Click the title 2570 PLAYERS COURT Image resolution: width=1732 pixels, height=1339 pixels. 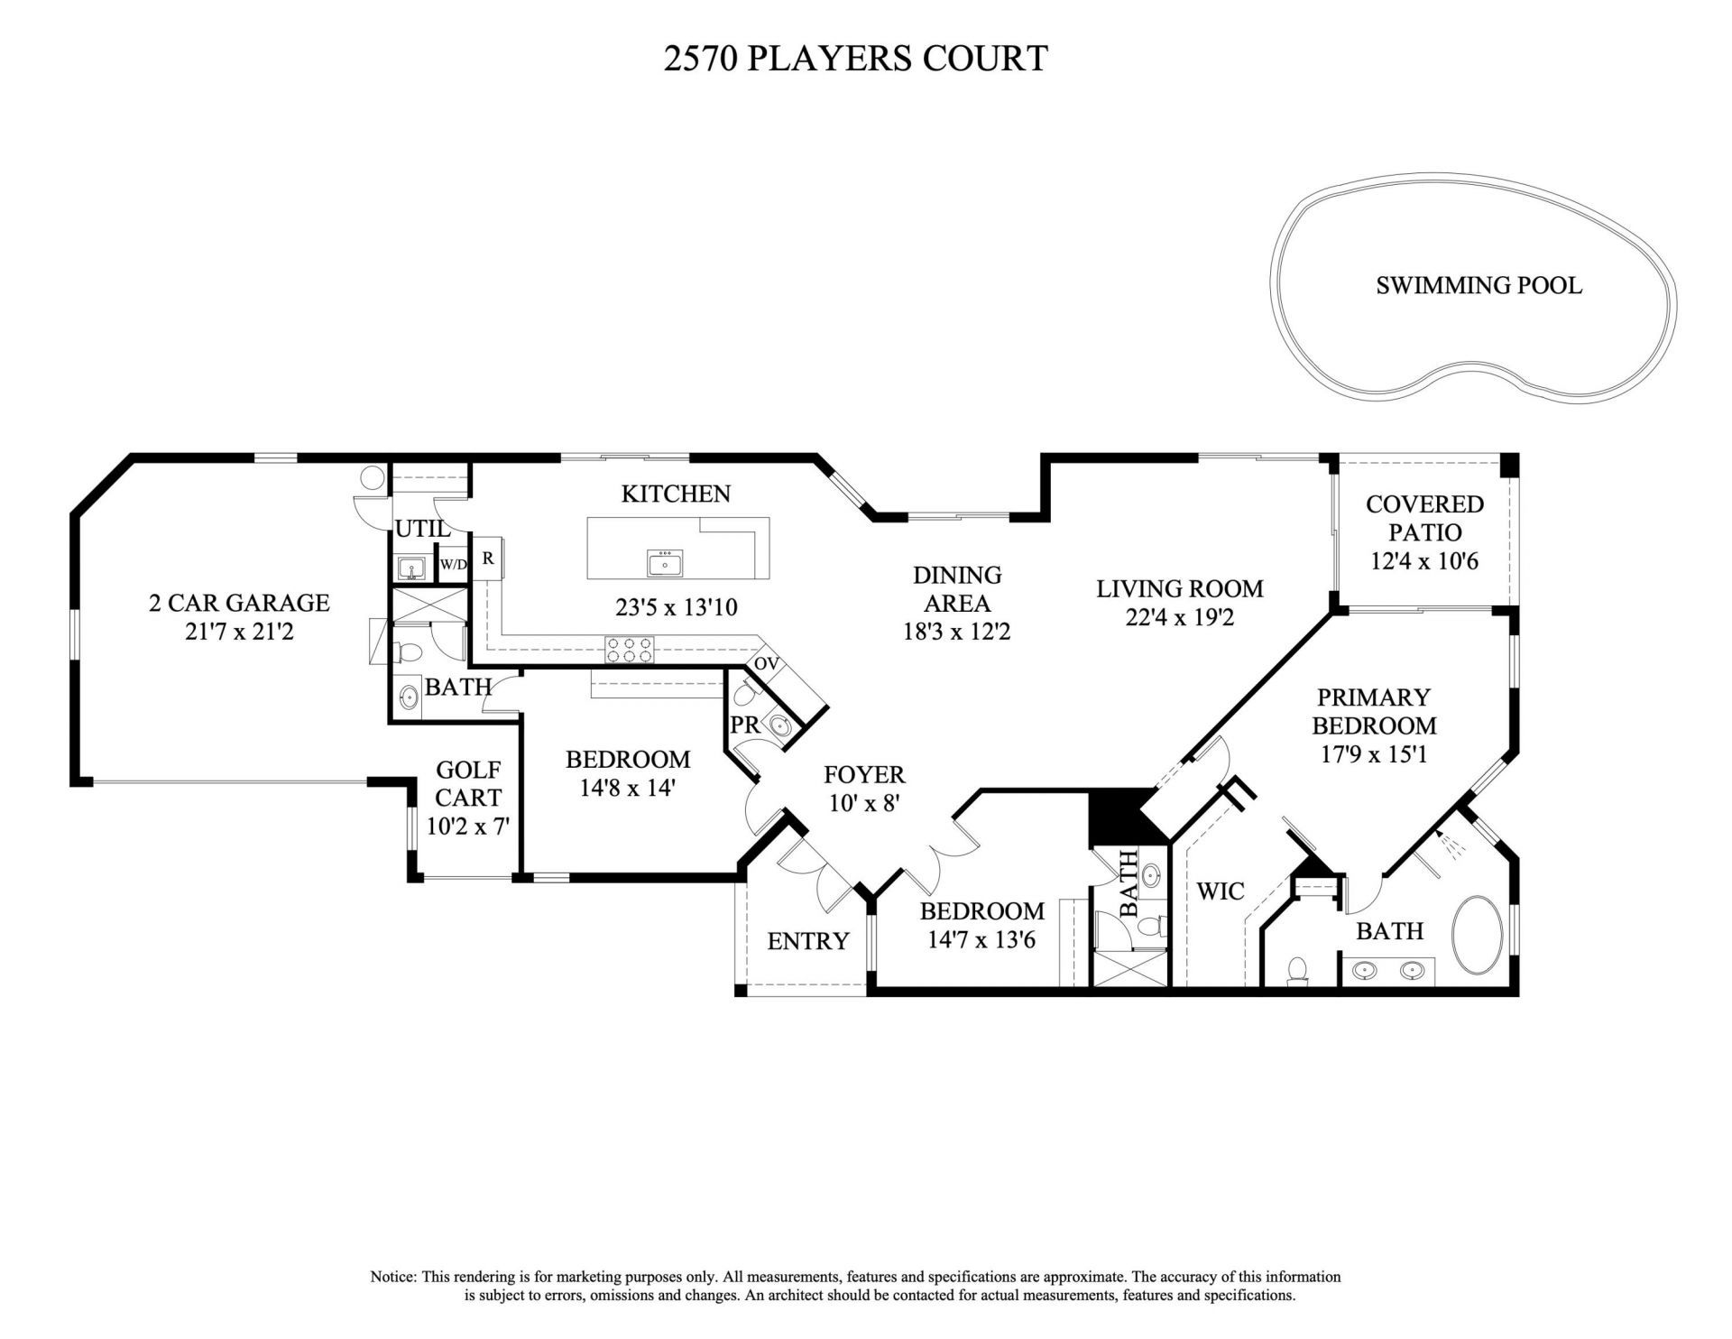pyautogui.click(x=855, y=58)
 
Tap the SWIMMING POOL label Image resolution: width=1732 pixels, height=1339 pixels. pyautogui.click(x=1479, y=286)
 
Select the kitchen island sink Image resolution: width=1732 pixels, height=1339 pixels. pyautogui.click(x=665, y=563)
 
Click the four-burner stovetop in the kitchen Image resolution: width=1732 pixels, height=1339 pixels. pyautogui.click(x=629, y=650)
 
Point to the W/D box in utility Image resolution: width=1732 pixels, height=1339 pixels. pyautogui.click(x=454, y=565)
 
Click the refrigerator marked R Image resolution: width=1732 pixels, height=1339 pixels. pyautogui.click(x=488, y=559)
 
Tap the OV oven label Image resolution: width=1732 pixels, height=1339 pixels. pyautogui.click(x=766, y=664)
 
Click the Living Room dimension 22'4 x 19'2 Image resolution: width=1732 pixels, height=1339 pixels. pyautogui.click(x=1179, y=617)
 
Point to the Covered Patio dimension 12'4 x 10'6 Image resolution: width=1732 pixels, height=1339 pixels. pyautogui.click(x=1424, y=561)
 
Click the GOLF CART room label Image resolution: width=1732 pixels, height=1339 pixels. pyautogui.click(x=468, y=783)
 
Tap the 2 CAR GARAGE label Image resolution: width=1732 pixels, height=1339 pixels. pyautogui.click(x=239, y=602)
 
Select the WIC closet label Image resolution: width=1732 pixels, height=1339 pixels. pyautogui.click(x=1220, y=891)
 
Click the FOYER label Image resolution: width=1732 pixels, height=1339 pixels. pyautogui.click(x=864, y=774)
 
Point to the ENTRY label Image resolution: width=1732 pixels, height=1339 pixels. pyautogui.click(x=807, y=941)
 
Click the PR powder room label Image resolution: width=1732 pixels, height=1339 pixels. pyautogui.click(x=745, y=725)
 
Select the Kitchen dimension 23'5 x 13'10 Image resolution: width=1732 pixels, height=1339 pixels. pyautogui.click(x=677, y=607)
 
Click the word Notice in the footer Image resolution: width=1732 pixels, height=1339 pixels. pyautogui.click(x=392, y=1278)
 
